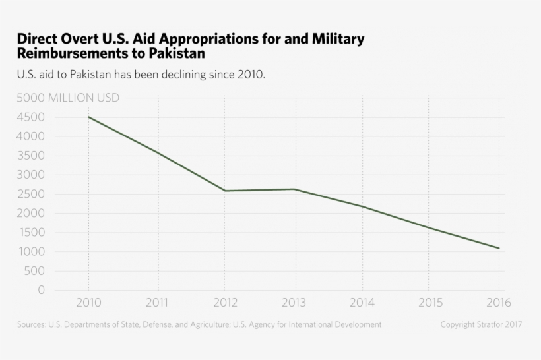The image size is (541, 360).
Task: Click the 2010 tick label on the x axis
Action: [x=88, y=303]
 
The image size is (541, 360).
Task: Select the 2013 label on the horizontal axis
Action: [x=294, y=303]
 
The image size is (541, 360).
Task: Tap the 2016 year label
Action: [x=498, y=303]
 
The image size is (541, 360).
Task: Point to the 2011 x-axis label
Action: [x=157, y=303]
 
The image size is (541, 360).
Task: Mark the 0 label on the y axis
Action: [x=42, y=290]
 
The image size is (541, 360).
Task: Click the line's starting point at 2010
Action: [x=88, y=117]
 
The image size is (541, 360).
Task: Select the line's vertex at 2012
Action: [x=225, y=191]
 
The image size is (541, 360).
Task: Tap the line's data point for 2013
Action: [x=294, y=189]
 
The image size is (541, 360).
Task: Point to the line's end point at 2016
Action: [x=499, y=249]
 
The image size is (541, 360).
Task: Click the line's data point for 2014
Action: [x=362, y=206]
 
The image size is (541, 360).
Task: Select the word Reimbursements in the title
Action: [x=77, y=53]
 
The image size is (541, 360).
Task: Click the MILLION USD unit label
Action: [x=84, y=98]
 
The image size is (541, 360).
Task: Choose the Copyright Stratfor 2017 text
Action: [x=482, y=324]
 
